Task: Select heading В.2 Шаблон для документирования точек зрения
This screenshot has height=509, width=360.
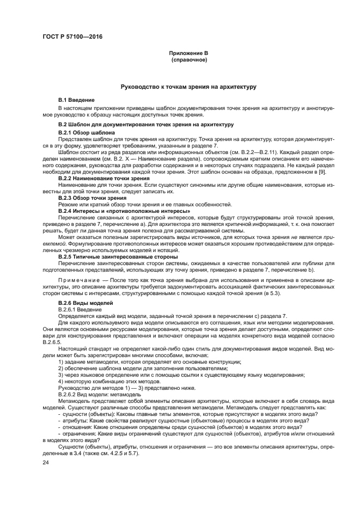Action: pyautogui.click(x=145, y=125)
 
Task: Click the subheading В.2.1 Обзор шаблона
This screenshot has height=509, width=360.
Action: pyautogui.click(x=86, y=132)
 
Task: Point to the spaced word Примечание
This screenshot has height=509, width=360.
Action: pyautogui.click(x=80, y=279)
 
